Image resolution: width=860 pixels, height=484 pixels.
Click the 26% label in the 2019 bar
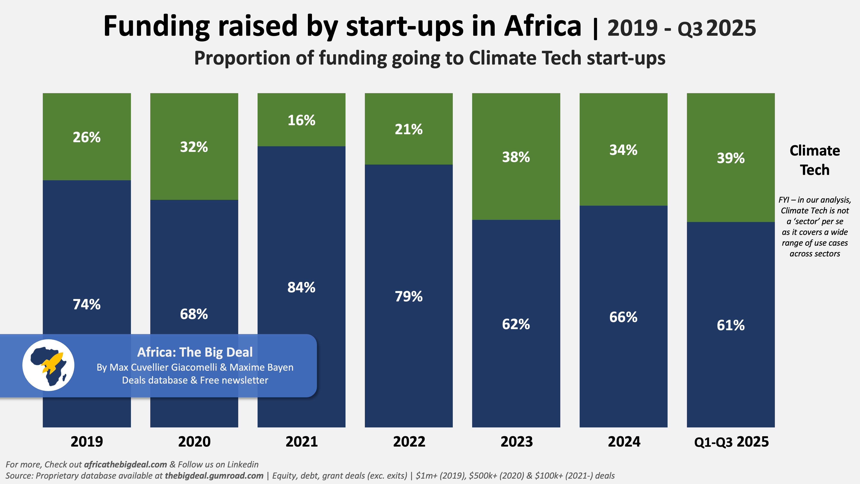pos(86,137)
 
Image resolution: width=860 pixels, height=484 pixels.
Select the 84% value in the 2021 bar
pos(301,287)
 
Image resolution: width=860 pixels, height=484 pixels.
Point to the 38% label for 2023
pos(516,157)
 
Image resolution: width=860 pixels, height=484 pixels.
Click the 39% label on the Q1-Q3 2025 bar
pos(731,158)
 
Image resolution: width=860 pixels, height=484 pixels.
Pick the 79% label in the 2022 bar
pos(409,296)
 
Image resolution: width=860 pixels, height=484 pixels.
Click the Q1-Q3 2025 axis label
pos(731,442)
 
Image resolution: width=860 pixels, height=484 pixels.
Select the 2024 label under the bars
pos(624,442)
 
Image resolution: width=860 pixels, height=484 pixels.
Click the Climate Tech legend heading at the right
pos(815,160)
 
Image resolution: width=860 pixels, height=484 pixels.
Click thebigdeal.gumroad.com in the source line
pos(214,476)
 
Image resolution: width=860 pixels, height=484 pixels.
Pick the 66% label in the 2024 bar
pos(623,317)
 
